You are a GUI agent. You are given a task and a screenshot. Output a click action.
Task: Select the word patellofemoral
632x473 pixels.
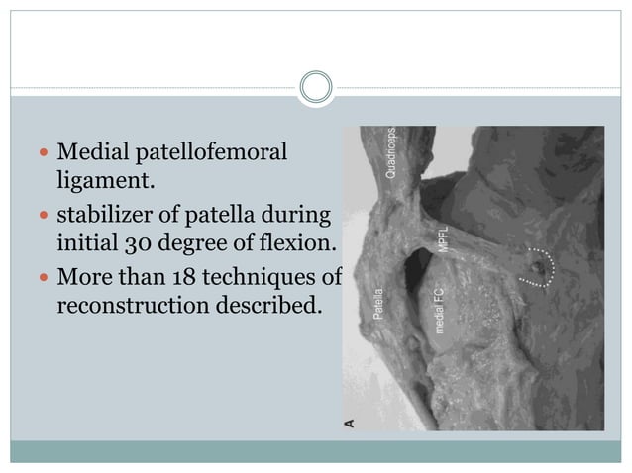pyautogui.click(x=210, y=153)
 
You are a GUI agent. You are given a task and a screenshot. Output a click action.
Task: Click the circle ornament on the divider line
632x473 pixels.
pyautogui.click(x=316, y=87)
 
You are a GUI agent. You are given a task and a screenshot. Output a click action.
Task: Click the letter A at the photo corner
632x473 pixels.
pyautogui.click(x=348, y=423)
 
